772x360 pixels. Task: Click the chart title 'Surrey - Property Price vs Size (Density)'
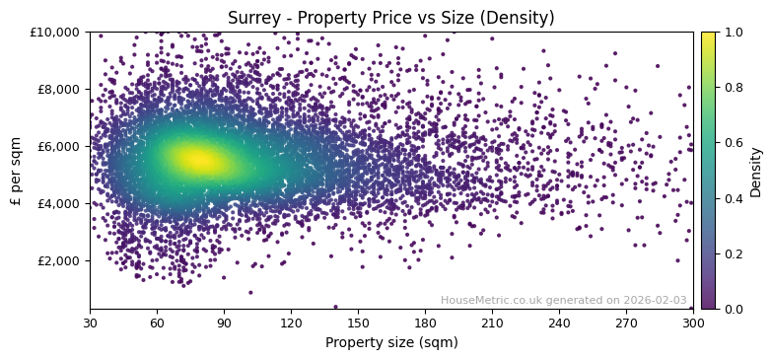[390, 18]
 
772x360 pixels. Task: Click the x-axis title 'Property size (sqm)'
[390, 342]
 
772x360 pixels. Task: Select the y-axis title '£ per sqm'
[16, 170]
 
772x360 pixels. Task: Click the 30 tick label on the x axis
[90, 323]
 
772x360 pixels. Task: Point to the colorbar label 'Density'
[755, 170]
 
